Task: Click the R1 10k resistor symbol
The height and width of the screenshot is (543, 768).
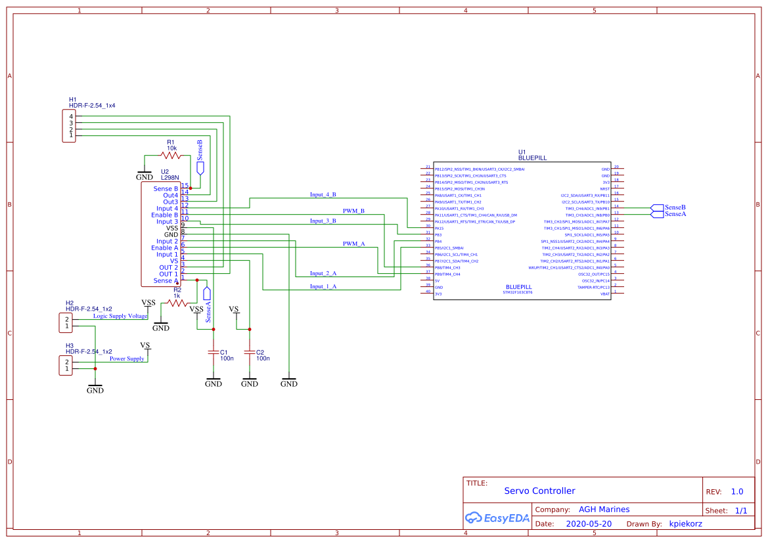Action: click(x=171, y=156)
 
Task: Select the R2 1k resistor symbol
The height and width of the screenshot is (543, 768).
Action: click(x=177, y=303)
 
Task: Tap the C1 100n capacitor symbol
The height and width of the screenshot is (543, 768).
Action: click(x=214, y=353)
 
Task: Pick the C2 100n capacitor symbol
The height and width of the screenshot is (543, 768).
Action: click(x=250, y=353)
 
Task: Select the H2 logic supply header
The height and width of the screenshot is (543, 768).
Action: click(x=66, y=322)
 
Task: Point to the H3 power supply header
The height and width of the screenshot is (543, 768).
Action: click(x=66, y=365)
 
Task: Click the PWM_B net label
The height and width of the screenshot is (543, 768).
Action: click(x=353, y=211)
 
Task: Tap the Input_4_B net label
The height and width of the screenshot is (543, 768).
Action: click(x=323, y=195)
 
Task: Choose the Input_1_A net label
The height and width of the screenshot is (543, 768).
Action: click(x=323, y=286)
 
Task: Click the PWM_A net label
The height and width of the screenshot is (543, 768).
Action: click(x=353, y=244)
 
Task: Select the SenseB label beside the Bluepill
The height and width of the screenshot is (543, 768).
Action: click(x=675, y=207)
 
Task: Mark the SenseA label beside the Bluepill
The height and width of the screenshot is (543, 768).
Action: click(x=675, y=214)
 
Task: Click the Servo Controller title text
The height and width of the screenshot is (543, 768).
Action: click(x=539, y=491)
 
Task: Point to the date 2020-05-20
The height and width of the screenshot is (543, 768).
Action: click(x=588, y=524)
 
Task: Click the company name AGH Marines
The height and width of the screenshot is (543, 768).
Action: click(x=604, y=510)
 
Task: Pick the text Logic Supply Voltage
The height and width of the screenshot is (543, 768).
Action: click(x=120, y=316)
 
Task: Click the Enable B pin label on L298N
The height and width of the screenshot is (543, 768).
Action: click(x=164, y=215)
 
